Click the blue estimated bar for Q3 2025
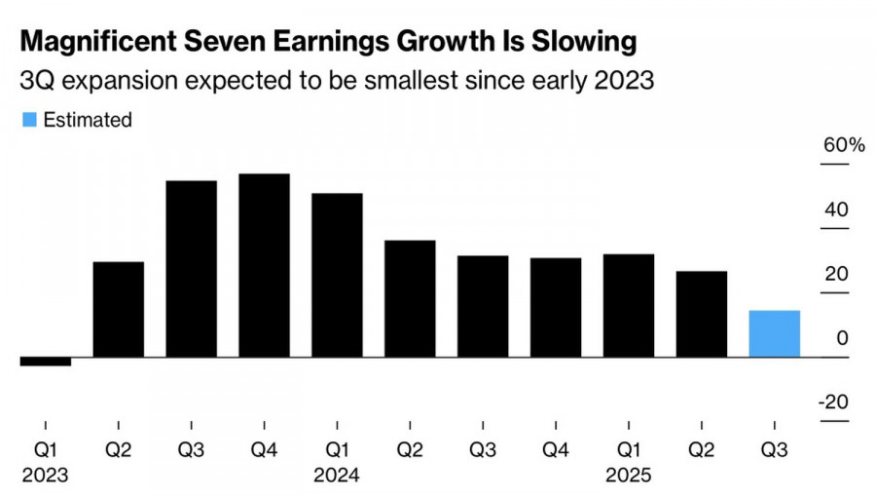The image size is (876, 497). [x=774, y=333]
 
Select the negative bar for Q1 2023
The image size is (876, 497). [x=45, y=362]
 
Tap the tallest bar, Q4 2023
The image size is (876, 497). [x=264, y=265]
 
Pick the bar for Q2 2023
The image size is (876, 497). [x=118, y=309]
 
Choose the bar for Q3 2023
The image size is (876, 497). [x=191, y=269]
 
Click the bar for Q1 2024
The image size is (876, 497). [x=337, y=275]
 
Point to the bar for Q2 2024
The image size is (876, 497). [x=410, y=298]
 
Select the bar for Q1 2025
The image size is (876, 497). [x=629, y=305]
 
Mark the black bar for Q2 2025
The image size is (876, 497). [x=702, y=314]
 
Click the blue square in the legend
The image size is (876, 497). [x=28, y=120]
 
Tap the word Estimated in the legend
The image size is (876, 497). [x=87, y=120]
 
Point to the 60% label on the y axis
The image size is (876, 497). [x=844, y=145]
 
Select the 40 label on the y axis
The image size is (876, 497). [x=837, y=210]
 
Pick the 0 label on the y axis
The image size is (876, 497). [x=843, y=339]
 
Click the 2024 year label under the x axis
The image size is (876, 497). [x=337, y=477]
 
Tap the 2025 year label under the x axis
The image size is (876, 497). [x=629, y=477]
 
